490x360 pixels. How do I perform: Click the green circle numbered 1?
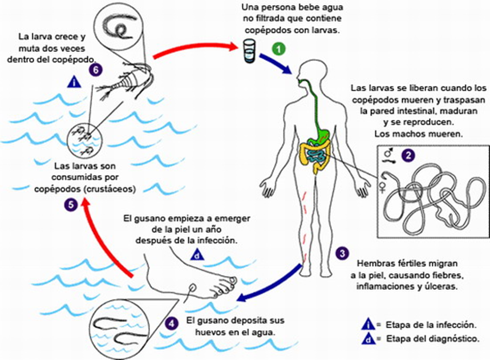278,48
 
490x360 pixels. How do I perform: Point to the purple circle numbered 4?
169,323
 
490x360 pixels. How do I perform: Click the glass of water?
248,51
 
